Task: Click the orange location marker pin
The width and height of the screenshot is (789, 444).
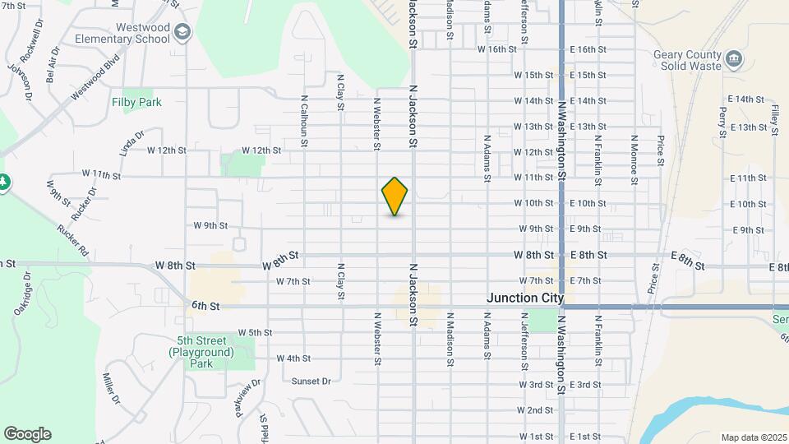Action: (394, 196)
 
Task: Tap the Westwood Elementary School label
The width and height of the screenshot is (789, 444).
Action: (121, 34)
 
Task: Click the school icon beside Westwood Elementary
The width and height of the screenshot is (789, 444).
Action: (182, 33)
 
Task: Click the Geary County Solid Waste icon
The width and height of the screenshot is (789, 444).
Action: (734, 59)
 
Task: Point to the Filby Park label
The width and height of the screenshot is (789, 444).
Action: (136, 102)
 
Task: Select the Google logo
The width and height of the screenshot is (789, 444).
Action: (27, 434)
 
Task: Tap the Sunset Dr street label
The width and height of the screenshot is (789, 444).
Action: (311, 381)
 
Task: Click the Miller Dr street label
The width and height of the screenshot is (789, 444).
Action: (112, 388)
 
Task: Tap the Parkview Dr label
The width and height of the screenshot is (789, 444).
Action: (248, 396)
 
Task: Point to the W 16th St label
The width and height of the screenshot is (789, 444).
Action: (497, 49)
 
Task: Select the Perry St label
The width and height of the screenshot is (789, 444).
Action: (723, 122)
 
